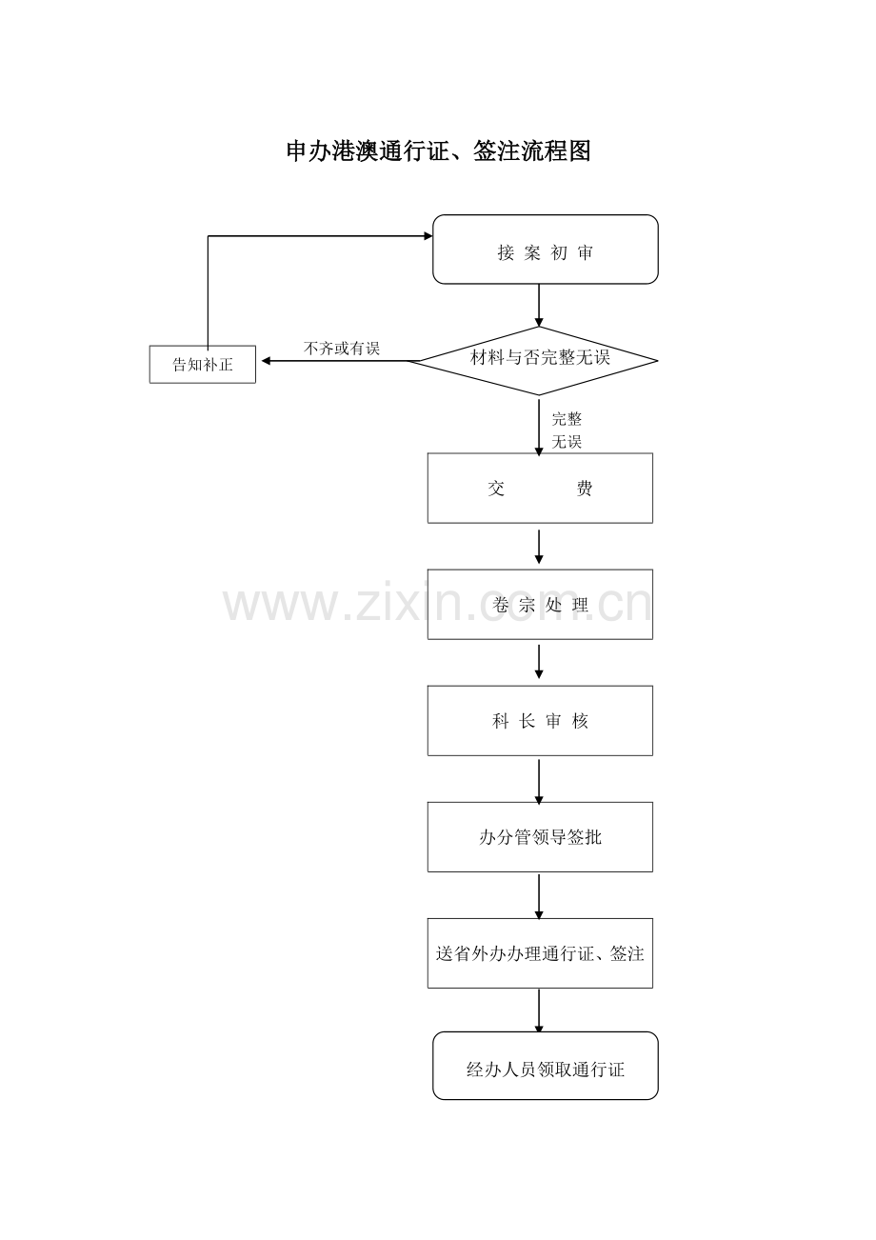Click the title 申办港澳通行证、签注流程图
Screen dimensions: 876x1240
(x=438, y=150)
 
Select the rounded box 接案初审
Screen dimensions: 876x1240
(x=545, y=250)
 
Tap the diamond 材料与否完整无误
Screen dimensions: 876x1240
(x=538, y=360)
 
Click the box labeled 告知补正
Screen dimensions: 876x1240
(x=203, y=364)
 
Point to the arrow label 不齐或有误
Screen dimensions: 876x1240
(x=342, y=349)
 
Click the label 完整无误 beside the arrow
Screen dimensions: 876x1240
(x=567, y=430)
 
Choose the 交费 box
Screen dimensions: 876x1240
(x=540, y=489)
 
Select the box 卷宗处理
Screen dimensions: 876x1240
(x=540, y=605)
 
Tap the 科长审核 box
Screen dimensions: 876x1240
(x=540, y=721)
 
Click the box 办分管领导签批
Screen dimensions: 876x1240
(x=540, y=837)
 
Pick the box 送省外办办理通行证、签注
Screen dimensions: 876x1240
(x=540, y=953)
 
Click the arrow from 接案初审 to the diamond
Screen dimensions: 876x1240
(x=539, y=305)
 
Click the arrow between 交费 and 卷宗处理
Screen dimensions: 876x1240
(x=539, y=547)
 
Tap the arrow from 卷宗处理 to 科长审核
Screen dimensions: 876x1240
(x=539, y=662)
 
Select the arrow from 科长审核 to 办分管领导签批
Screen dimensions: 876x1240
(x=539, y=782)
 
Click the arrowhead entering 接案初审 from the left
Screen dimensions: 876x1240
(x=428, y=236)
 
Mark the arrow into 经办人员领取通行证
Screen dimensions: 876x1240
(x=539, y=1011)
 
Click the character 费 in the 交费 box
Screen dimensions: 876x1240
(x=585, y=489)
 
